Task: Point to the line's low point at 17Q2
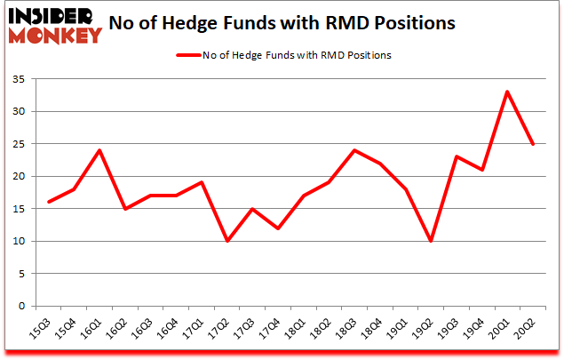pos(226,241)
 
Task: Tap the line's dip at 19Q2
pos(430,241)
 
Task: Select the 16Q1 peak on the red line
pos(99,149)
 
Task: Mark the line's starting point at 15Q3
pos(49,202)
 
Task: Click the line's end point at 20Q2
pos(531,143)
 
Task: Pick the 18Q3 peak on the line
pos(353,149)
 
